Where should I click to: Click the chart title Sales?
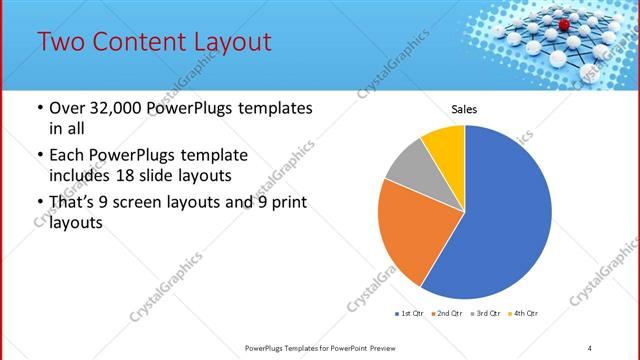pyautogui.click(x=465, y=109)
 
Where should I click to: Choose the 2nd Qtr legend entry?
pyautogui.click(x=446, y=314)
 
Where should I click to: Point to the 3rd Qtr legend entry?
pyautogui.click(x=486, y=314)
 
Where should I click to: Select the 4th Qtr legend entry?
pyautogui.click(x=524, y=314)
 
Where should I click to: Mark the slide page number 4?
pyautogui.click(x=590, y=347)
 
